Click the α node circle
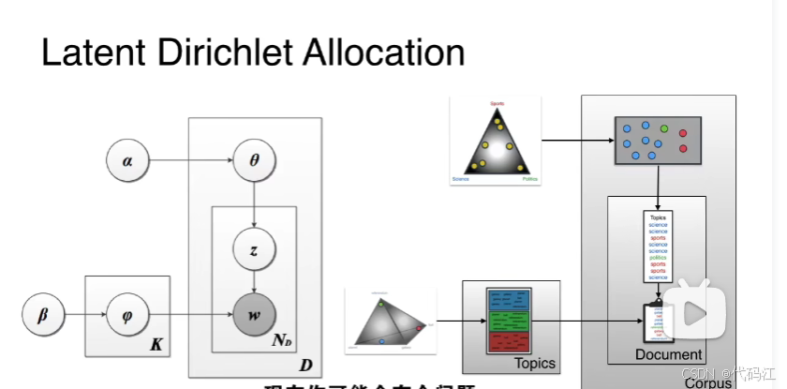[x=128, y=160]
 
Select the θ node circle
[x=254, y=160]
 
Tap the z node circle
[x=254, y=251]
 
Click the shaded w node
[x=254, y=314]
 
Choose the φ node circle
[x=128, y=314]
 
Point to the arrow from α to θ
[x=191, y=160]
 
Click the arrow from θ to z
[x=254, y=205]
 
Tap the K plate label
[x=156, y=346]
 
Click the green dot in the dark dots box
[x=664, y=127]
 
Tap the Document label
[x=668, y=354]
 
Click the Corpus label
[x=707, y=382]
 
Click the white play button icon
[x=694, y=310]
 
